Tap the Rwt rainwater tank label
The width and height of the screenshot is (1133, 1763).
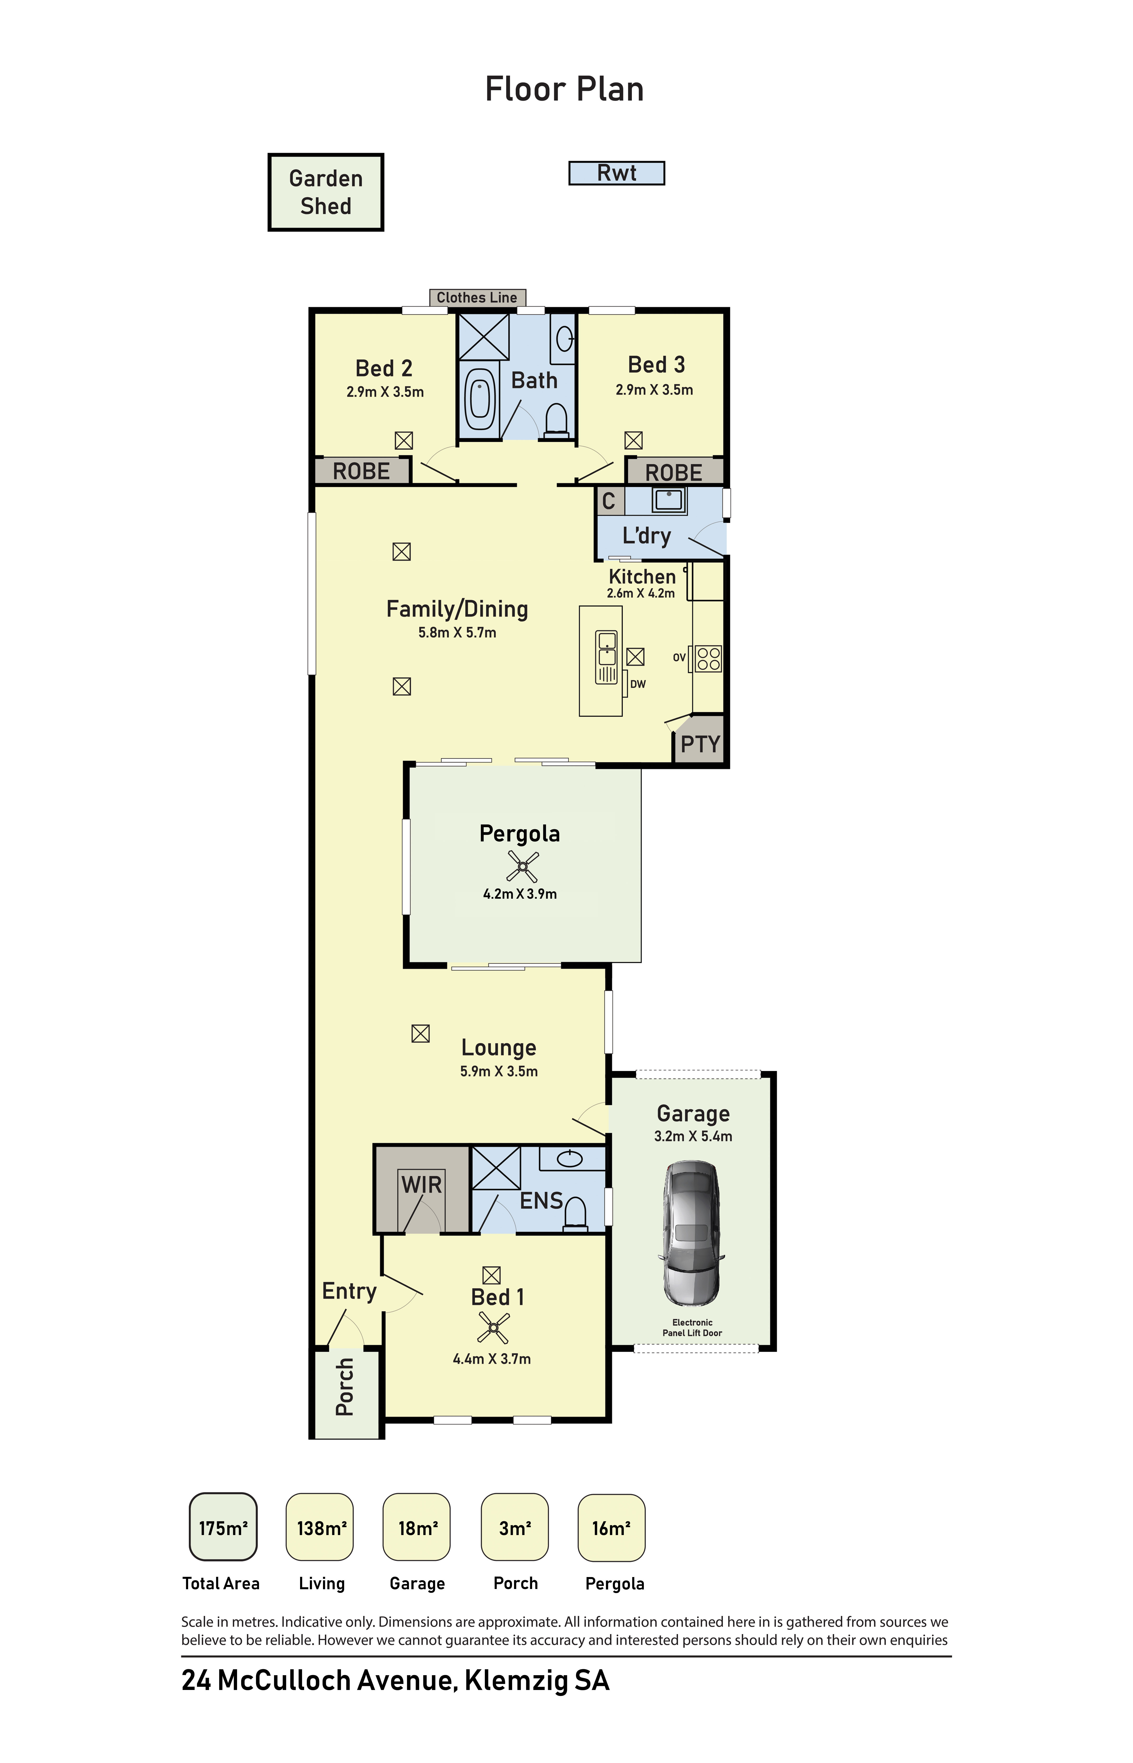point(617,173)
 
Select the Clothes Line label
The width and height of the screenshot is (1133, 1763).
point(477,297)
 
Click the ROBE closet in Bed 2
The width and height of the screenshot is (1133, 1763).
point(362,471)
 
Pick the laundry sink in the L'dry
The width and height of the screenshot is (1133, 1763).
point(669,500)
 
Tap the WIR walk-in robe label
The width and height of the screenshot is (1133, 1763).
point(422,1185)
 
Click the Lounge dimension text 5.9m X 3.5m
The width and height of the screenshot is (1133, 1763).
point(499,1072)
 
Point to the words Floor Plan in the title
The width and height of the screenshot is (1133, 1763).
point(564,89)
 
